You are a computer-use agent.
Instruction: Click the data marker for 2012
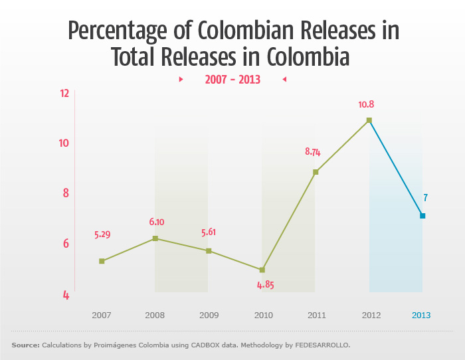click(x=369, y=120)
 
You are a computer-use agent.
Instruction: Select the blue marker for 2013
click(x=422, y=216)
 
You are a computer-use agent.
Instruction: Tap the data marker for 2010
click(x=262, y=270)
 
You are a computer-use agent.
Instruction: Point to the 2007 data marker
click(x=102, y=261)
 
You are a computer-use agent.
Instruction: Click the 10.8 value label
click(x=367, y=104)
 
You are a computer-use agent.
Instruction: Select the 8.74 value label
click(x=313, y=151)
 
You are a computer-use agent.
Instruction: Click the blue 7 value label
click(x=425, y=197)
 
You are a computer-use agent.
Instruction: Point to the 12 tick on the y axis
click(x=64, y=93)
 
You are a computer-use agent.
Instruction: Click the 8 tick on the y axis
click(x=65, y=193)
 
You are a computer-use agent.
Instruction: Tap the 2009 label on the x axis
click(x=209, y=315)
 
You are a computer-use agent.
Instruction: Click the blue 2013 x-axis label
click(x=422, y=315)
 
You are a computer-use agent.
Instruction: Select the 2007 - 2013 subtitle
click(x=232, y=80)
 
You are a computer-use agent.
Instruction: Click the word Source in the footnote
click(x=25, y=345)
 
